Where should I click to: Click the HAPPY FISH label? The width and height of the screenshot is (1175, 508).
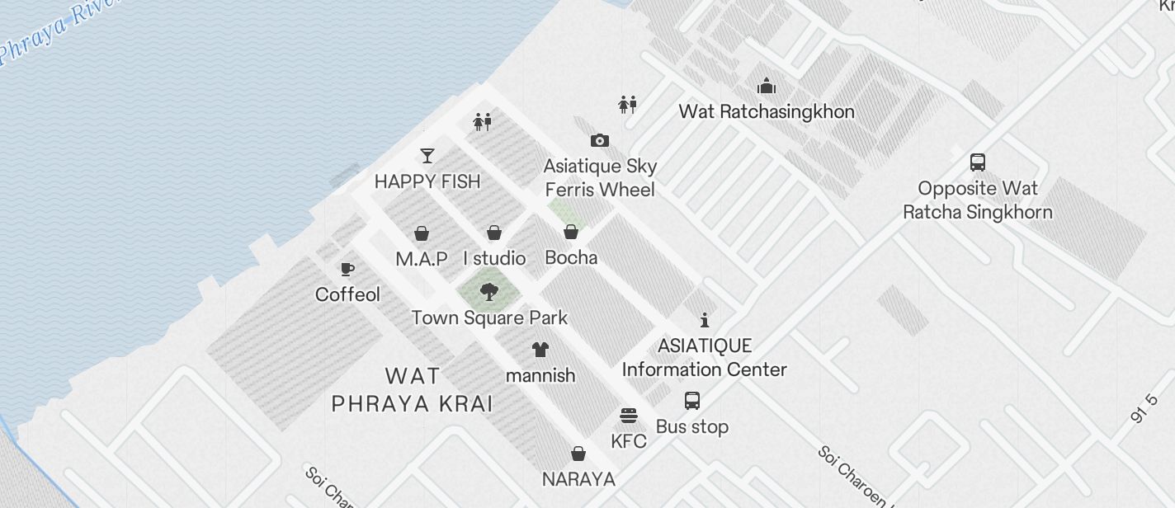[x=427, y=181]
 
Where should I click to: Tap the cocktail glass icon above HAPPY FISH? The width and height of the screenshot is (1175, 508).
[x=427, y=155]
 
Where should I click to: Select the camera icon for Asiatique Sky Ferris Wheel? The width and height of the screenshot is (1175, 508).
[x=600, y=141]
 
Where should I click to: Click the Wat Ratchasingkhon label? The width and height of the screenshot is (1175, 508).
[x=766, y=111]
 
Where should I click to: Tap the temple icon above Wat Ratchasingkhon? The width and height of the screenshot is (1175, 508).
[x=767, y=86]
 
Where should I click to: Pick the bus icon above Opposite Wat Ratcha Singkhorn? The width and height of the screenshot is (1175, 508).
[x=978, y=162]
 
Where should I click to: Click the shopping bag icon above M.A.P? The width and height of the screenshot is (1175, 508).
[x=422, y=233]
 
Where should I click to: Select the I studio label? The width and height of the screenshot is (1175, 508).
[x=494, y=258]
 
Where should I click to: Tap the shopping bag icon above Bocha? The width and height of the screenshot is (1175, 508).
[x=571, y=232]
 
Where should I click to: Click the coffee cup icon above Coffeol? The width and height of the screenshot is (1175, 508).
[x=347, y=269]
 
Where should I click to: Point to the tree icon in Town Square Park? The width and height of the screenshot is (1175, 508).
[x=489, y=290]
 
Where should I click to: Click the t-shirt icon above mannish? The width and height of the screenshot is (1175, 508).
[x=540, y=350]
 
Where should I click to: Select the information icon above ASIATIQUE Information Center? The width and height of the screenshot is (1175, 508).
[x=704, y=320]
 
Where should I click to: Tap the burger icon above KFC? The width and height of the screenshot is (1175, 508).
[x=629, y=415]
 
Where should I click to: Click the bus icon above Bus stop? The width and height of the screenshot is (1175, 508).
[x=692, y=401]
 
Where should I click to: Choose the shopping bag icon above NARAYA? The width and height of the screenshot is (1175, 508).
[x=579, y=454]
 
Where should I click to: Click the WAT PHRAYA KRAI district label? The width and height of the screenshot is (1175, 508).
[x=412, y=390]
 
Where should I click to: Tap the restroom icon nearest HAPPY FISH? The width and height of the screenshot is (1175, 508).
[x=483, y=123]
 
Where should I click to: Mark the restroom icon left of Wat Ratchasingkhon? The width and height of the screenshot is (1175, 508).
[x=628, y=104]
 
